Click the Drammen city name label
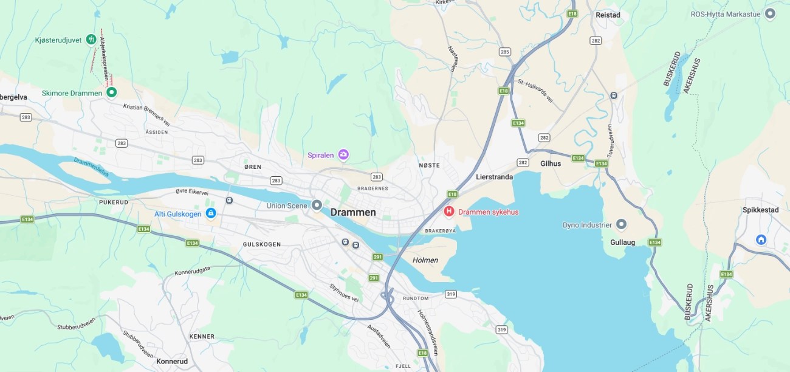tap(353, 213)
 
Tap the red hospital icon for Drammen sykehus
tap(449, 212)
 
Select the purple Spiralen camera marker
tap(343, 155)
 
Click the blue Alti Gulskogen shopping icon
tap(211, 213)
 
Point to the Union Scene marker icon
tap(317, 205)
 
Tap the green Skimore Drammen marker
tap(111, 92)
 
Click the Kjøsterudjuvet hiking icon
tap(91, 39)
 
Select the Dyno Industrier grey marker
tap(621, 225)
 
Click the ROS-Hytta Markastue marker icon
tap(770, 13)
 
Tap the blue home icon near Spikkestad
tap(761, 239)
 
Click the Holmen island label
tap(425, 260)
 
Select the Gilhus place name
tap(551, 164)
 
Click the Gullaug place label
tap(622, 242)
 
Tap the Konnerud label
tap(172, 361)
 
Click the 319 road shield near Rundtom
tap(450, 294)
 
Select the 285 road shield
tap(505, 52)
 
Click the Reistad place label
tap(608, 15)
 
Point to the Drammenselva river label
tap(91, 167)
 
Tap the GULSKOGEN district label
tap(261, 244)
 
